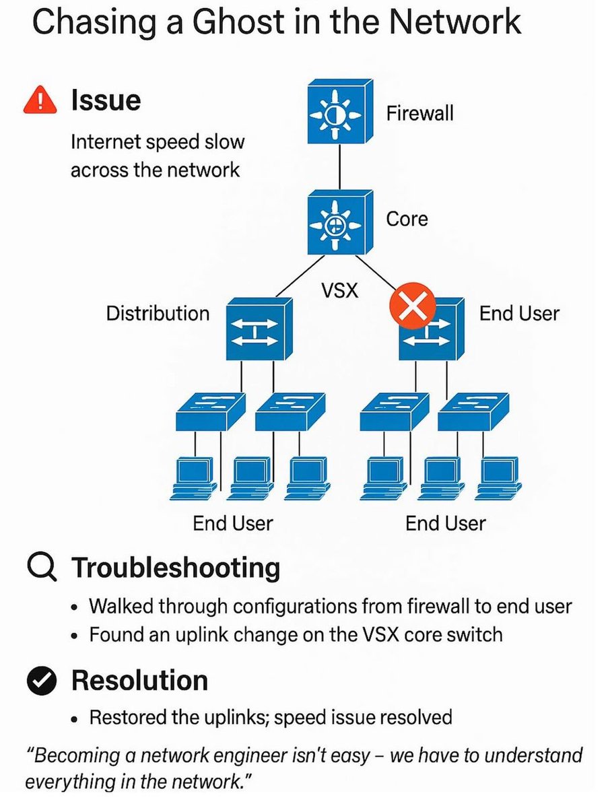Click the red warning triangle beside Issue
[40, 100]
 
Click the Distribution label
[158, 313]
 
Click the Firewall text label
[419, 113]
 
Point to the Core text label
[407, 219]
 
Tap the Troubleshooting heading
[176, 568]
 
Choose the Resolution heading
[139, 681]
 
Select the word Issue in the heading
[105, 100]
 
